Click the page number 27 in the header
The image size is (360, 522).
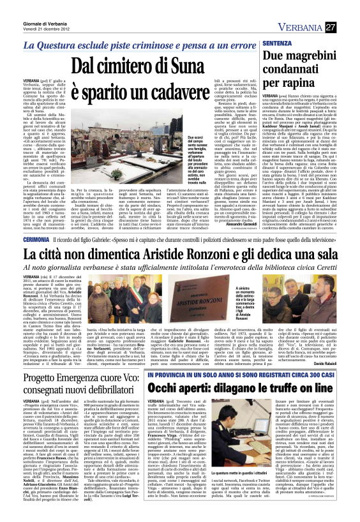[x=349, y=27]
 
